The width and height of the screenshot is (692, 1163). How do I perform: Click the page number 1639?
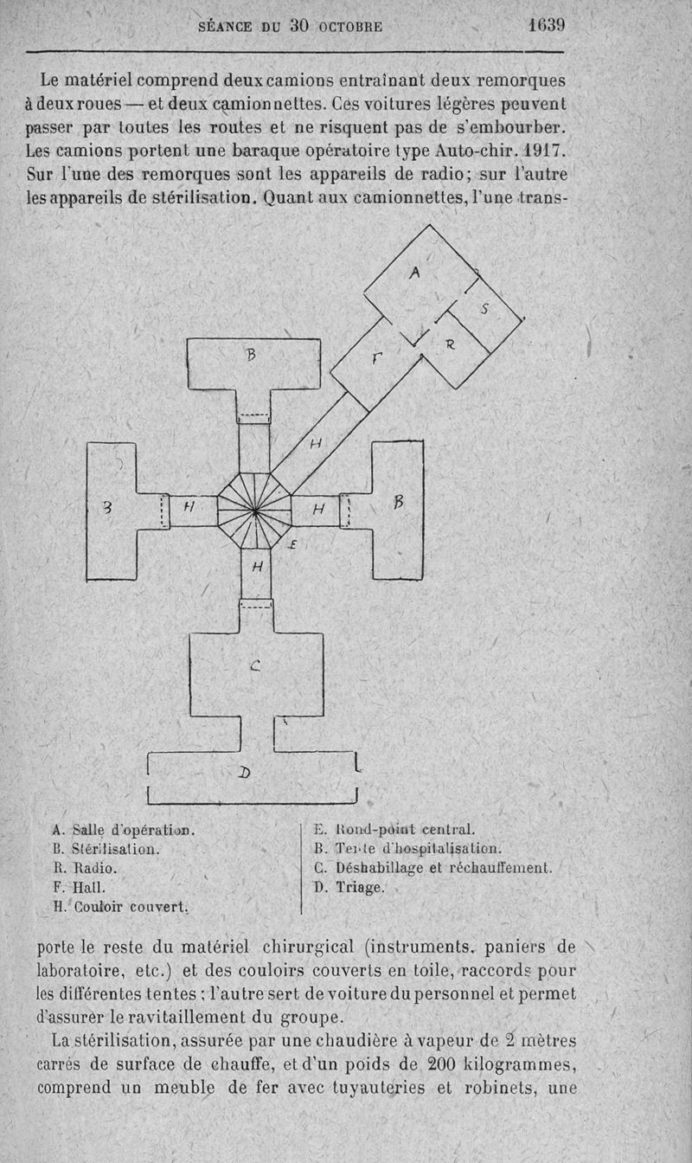[547, 24]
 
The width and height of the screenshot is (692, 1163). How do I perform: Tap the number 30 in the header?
[299, 25]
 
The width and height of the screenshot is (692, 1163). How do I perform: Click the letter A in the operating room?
[413, 272]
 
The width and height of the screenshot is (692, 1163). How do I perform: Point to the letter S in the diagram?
[484, 309]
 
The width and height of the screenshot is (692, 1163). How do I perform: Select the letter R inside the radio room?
[450, 344]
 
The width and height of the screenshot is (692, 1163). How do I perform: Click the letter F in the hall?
[376, 357]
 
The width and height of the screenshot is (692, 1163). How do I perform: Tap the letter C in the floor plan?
[255, 665]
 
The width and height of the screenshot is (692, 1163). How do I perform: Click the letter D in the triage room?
[244, 773]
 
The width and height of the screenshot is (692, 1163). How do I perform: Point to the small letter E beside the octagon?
[292, 544]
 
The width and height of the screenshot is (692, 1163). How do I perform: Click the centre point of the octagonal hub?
[255, 512]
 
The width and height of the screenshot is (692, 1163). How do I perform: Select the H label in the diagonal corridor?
[316, 443]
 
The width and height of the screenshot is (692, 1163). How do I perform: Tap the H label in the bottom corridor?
[257, 567]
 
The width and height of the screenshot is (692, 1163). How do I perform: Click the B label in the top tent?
[251, 355]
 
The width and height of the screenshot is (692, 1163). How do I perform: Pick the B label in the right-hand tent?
[398, 502]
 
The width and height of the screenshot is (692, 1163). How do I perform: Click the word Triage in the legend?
[360, 887]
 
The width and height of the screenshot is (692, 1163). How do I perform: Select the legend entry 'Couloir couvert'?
[131, 907]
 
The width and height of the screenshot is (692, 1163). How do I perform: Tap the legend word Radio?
[94, 868]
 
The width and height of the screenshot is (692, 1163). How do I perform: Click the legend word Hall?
[89, 887]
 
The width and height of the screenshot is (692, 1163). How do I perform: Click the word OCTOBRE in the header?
[350, 27]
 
